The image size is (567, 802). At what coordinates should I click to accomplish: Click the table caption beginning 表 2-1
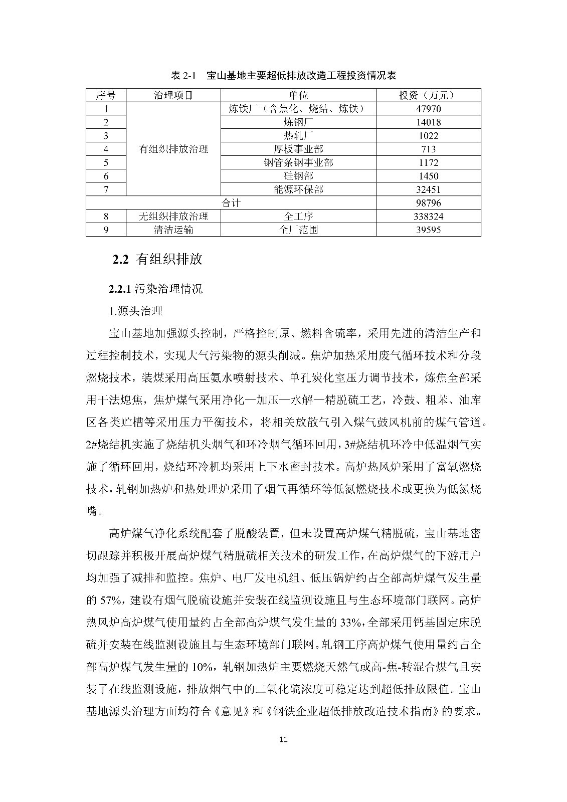click(x=283, y=76)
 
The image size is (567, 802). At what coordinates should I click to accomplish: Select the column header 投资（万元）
click(x=428, y=95)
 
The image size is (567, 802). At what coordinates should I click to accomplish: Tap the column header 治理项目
click(x=173, y=95)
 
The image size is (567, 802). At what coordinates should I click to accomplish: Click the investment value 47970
click(x=428, y=109)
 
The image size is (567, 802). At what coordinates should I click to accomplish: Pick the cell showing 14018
click(x=428, y=122)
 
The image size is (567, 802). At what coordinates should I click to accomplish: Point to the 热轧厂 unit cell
click(x=298, y=136)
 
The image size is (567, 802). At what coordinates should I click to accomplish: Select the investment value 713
click(x=428, y=149)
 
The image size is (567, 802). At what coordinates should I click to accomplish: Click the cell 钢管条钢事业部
click(x=298, y=163)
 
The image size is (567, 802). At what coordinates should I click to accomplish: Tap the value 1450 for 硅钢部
click(x=428, y=176)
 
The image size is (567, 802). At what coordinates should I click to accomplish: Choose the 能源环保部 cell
click(x=298, y=189)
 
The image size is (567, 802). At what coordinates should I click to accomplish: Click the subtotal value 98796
click(x=428, y=203)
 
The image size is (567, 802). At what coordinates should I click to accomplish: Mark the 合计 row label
click(x=231, y=203)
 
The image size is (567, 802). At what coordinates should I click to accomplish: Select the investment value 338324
click(x=428, y=217)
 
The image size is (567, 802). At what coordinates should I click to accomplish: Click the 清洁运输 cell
click(x=173, y=230)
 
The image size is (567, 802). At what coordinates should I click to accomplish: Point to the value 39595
click(x=428, y=230)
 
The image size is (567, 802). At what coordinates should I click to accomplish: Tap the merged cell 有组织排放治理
click(x=173, y=149)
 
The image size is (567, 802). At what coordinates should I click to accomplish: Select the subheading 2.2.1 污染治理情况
click(x=156, y=289)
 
